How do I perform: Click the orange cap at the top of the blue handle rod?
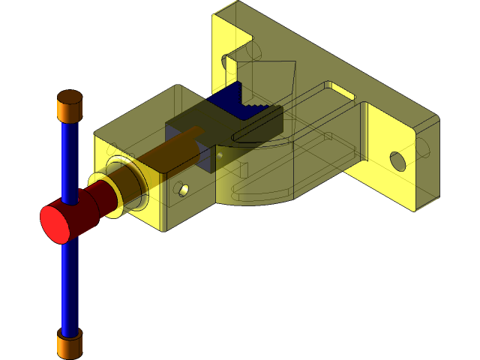pos(70,106)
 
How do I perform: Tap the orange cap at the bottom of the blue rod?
pos(70,345)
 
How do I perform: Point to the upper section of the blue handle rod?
pos(70,157)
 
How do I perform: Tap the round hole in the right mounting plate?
pos(397,160)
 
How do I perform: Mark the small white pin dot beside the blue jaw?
pos(220,154)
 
